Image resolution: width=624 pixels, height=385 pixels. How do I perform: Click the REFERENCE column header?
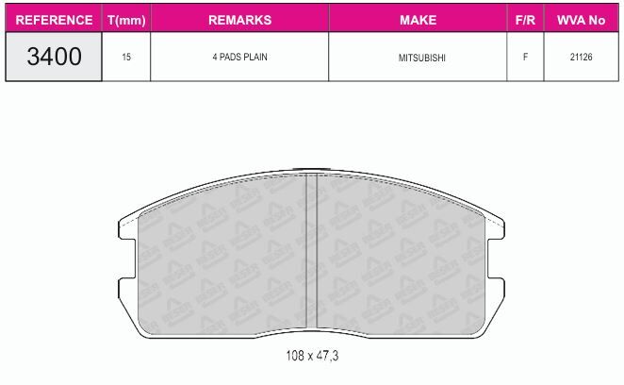click(54, 20)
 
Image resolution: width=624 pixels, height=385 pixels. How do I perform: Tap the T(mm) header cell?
click(126, 20)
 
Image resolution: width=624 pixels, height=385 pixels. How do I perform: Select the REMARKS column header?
click(239, 20)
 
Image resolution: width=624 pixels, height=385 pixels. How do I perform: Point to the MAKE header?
click(418, 20)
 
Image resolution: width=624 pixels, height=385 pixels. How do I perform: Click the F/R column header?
click(525, 20)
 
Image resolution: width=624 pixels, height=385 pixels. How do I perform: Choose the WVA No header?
click(581, 20)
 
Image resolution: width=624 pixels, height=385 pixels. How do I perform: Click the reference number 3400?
click(54, 57)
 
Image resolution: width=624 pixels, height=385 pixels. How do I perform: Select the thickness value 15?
click(126, 57)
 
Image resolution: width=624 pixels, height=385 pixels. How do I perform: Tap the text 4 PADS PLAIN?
click(239, 57)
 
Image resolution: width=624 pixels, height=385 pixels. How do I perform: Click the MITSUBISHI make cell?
click(422, 58)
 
